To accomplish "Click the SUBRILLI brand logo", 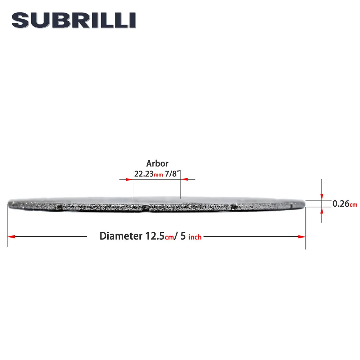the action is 74,21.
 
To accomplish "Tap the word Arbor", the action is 157,163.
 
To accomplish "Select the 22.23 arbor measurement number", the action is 144,174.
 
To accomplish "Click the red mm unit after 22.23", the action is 158,175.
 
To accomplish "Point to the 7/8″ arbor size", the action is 172,174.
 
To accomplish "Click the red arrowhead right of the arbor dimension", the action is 184,179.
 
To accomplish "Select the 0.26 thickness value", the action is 341,204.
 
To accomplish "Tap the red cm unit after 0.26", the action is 354,204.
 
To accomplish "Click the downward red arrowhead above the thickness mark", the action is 321,197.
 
